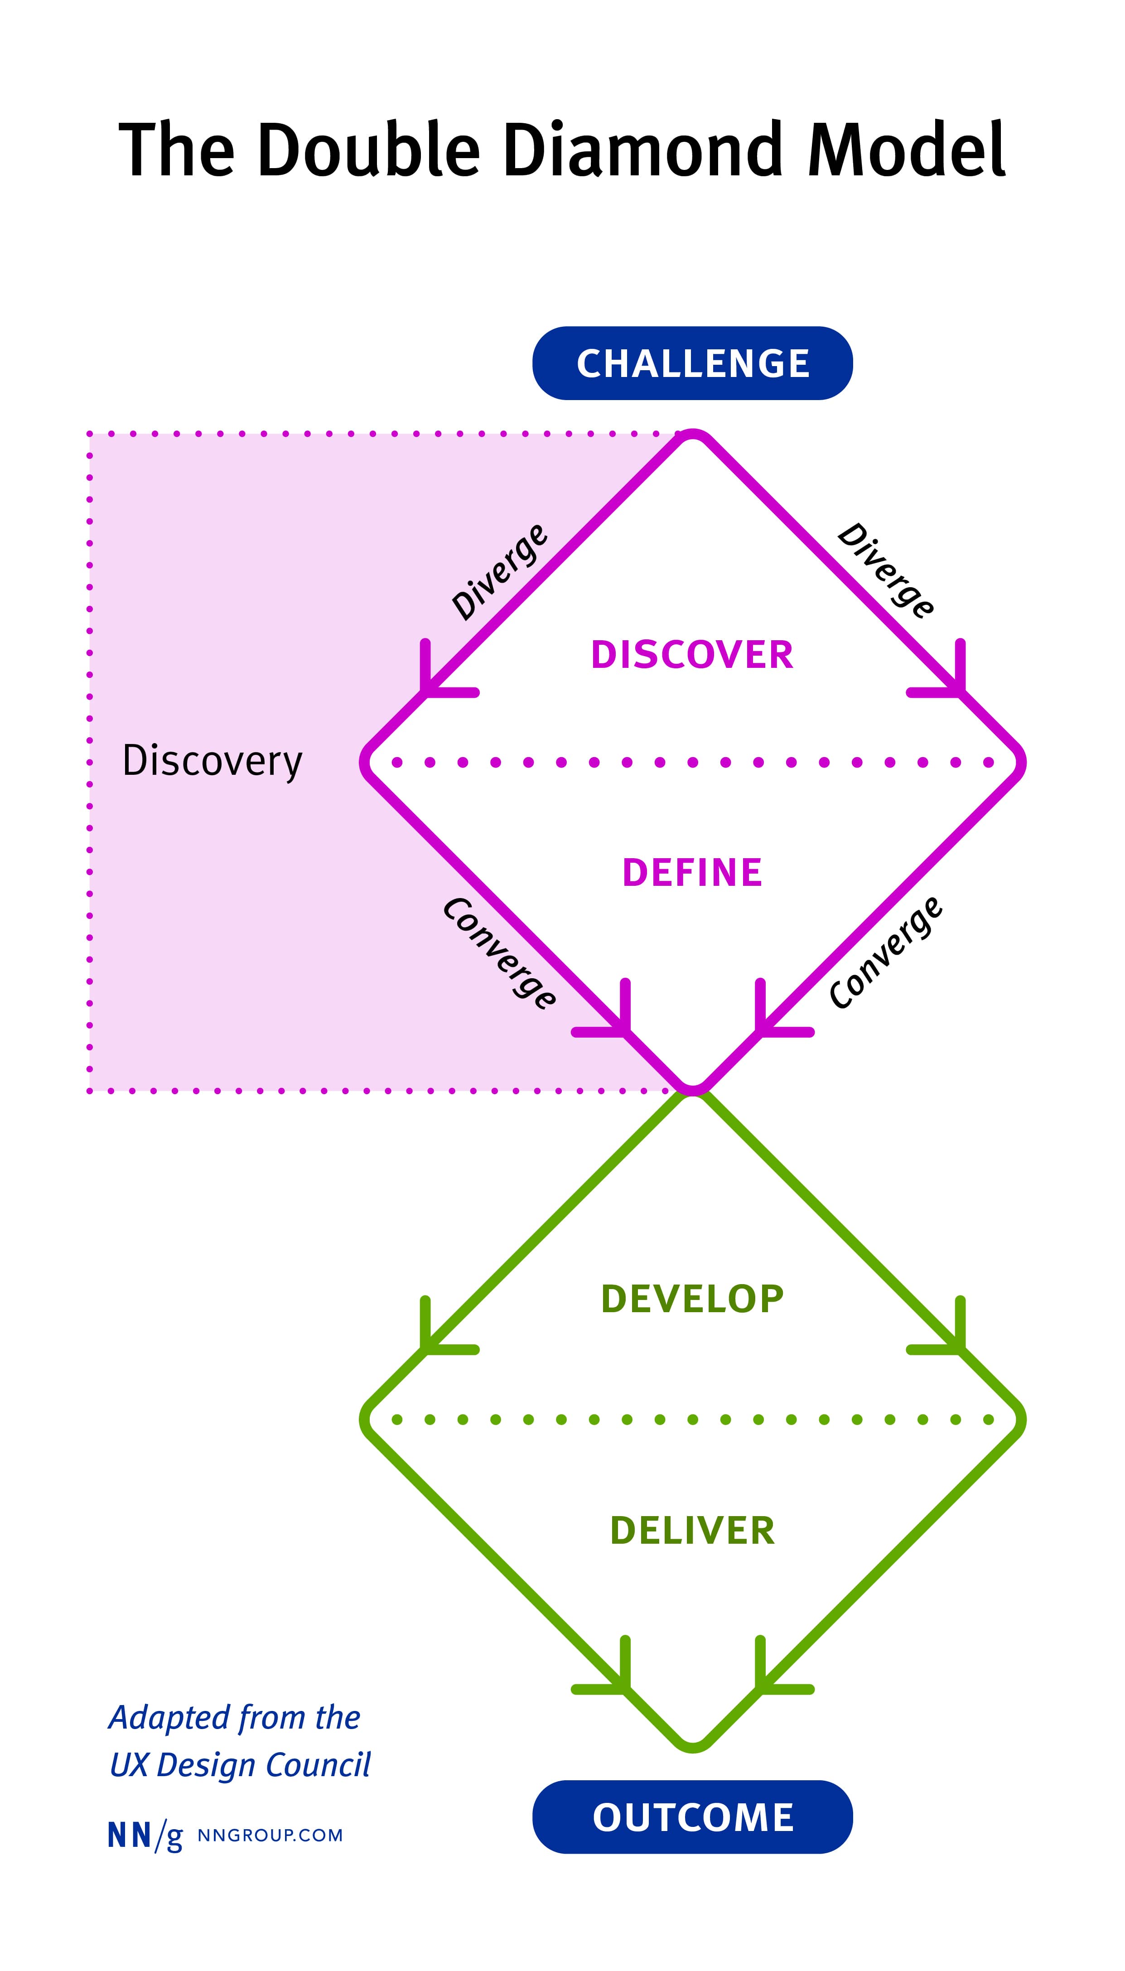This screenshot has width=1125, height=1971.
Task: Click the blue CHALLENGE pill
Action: pyautogui.click(x=692, y=363)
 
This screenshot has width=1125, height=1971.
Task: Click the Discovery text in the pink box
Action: pyautogui.click(x=212, y=761)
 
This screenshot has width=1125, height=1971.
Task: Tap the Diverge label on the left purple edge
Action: pyautogui.click(x=499, y=572)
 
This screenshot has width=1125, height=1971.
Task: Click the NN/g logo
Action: pyautogui.click(x=145, y=1836)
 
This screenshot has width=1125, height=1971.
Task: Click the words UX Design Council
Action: pyautogui.click(x=240, y=1765)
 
